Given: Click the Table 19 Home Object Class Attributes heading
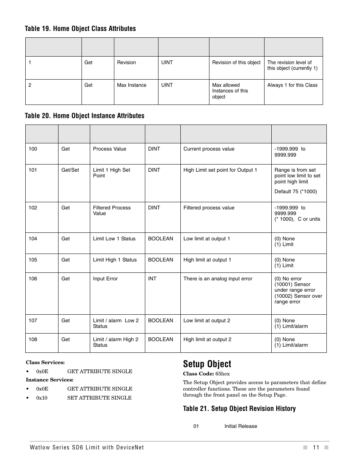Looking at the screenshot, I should click(x=80, y=29).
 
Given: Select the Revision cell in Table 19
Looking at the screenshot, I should click(x=126, y=63).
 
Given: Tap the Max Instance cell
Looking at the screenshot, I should click(x=131, y=85).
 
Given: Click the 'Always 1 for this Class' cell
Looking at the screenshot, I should click(x=292, y=85).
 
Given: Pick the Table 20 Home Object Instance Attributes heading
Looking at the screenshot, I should click(x=85, y=116).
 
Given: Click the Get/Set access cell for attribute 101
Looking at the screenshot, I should click(x=70, y=170).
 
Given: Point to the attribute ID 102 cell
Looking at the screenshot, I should click(x=33, y=208).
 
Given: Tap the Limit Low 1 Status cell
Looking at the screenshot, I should click(x=114, y=239).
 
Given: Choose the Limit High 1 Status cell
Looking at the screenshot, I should click(x=115, y=260).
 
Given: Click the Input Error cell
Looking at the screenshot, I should click(x=105, y=279).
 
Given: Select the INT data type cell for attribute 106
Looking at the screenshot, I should click(x=152, y=279).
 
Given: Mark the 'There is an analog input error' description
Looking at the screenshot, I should click(x=218, y=279).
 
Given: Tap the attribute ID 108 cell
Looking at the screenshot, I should click(x=33, y=340).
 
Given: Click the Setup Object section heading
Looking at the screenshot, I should click(x=207, y=364).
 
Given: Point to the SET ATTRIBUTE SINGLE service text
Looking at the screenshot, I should click(x=99, y=398).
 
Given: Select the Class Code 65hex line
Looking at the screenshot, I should click(x=206, y=374).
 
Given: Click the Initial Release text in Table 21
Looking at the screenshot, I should click(x=240, y=426).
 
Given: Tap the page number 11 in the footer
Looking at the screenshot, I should click(x=315, y=448).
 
